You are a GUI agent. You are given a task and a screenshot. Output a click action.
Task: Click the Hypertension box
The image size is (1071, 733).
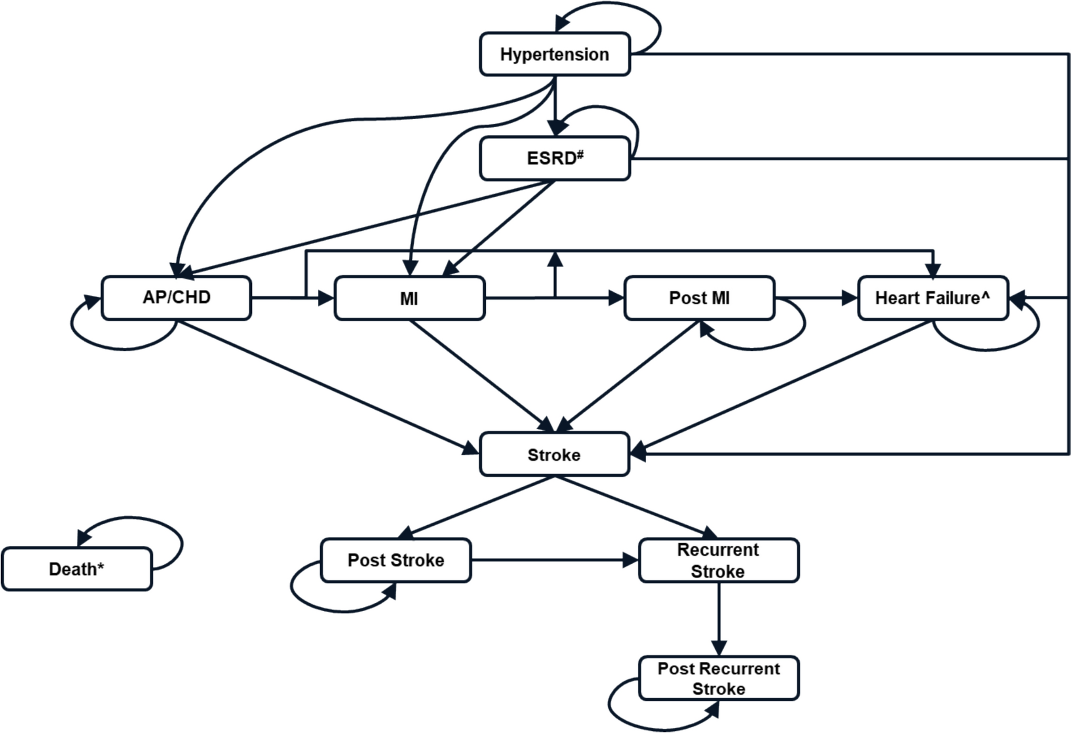tap(554, 54)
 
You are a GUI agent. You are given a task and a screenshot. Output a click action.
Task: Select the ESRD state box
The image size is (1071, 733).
tap(554, 158)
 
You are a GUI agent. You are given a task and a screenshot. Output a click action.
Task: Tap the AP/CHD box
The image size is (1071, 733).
tap(176, 297)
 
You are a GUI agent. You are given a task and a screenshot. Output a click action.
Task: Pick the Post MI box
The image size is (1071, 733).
tap(699, 298)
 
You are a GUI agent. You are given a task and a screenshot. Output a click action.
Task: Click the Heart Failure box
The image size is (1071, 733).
tap(932, 298)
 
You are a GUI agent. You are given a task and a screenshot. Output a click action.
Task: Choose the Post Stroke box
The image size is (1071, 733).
tap(395, 560)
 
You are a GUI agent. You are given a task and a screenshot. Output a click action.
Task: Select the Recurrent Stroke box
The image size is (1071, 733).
tap(718, 560)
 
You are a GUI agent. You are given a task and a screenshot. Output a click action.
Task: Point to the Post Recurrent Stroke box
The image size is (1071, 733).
tap(718, 678)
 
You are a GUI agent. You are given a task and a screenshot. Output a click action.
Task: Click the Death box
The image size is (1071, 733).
tap(76, 569)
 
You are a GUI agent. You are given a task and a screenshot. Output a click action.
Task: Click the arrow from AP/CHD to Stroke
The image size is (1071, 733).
tap(327, 386)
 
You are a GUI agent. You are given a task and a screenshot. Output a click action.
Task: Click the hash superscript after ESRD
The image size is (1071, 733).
tap(580, 154)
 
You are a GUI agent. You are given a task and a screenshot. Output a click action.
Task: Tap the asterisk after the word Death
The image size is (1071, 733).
tap(101, 566)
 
